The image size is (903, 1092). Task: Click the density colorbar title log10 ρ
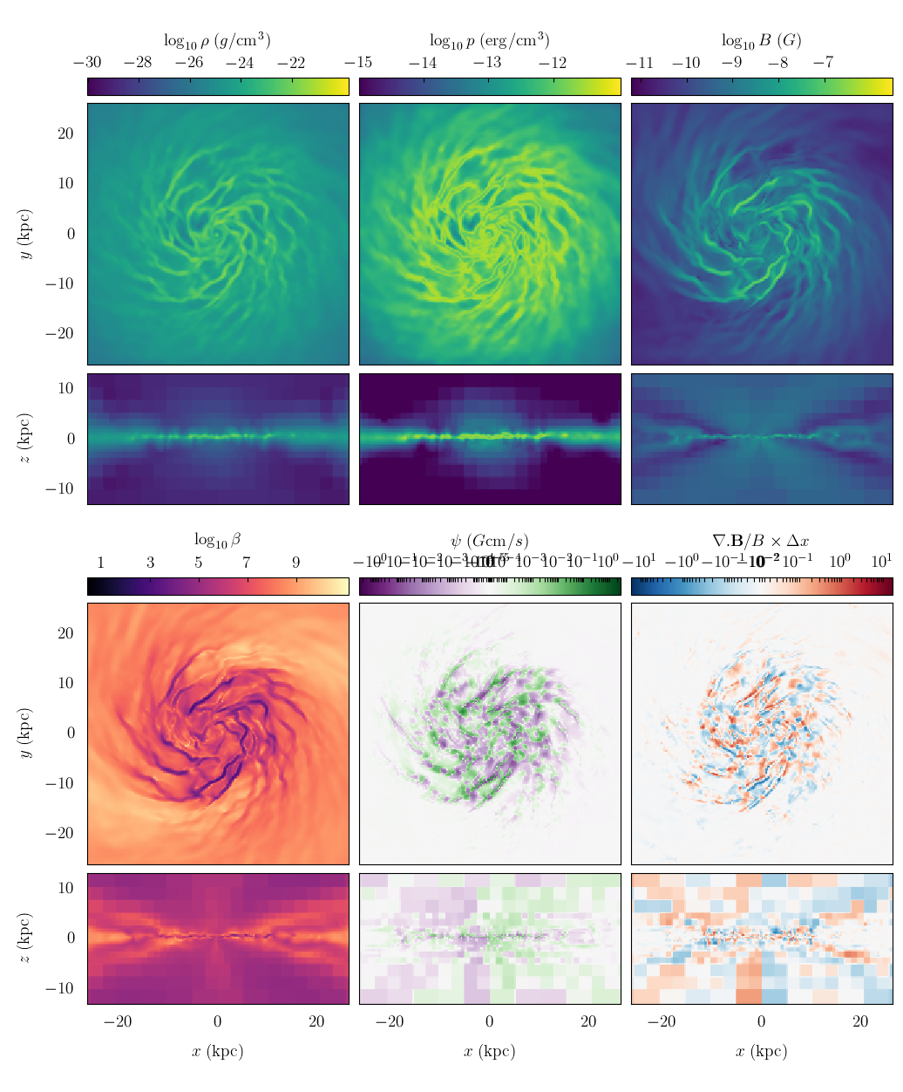tap(217, 40)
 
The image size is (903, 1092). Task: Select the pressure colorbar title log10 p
tap(489, 40)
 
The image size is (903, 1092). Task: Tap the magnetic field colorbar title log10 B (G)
tap(761, 40)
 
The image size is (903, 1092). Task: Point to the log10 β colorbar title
tap(217, 540)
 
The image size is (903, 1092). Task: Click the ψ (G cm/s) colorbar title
tap(489, 541)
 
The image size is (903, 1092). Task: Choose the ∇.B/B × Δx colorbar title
tap(761, 541)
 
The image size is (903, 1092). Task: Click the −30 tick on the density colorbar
tap(87, 63)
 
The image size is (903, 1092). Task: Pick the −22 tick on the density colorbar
tap(291, 63)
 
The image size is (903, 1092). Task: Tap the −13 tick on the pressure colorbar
tap(487, 63)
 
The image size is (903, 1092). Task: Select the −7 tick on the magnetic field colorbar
tap(822, 63)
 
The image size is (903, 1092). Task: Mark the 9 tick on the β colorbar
tap(295, 563)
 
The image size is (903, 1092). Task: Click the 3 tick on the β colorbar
tap(150, 563)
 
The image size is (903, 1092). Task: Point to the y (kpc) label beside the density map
tap(26, 234)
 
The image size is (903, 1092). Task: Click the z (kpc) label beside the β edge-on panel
tap(26, 938)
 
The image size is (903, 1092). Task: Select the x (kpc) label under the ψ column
tap(489, 1051)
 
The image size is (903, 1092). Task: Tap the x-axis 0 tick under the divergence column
tap(761, 1022)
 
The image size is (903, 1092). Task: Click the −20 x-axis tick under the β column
tap(118, 1022)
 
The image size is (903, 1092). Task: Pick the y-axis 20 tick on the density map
tap(66, 133)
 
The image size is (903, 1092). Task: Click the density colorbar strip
tap(217, 86)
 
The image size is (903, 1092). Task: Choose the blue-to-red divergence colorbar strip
tap(761, 586)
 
